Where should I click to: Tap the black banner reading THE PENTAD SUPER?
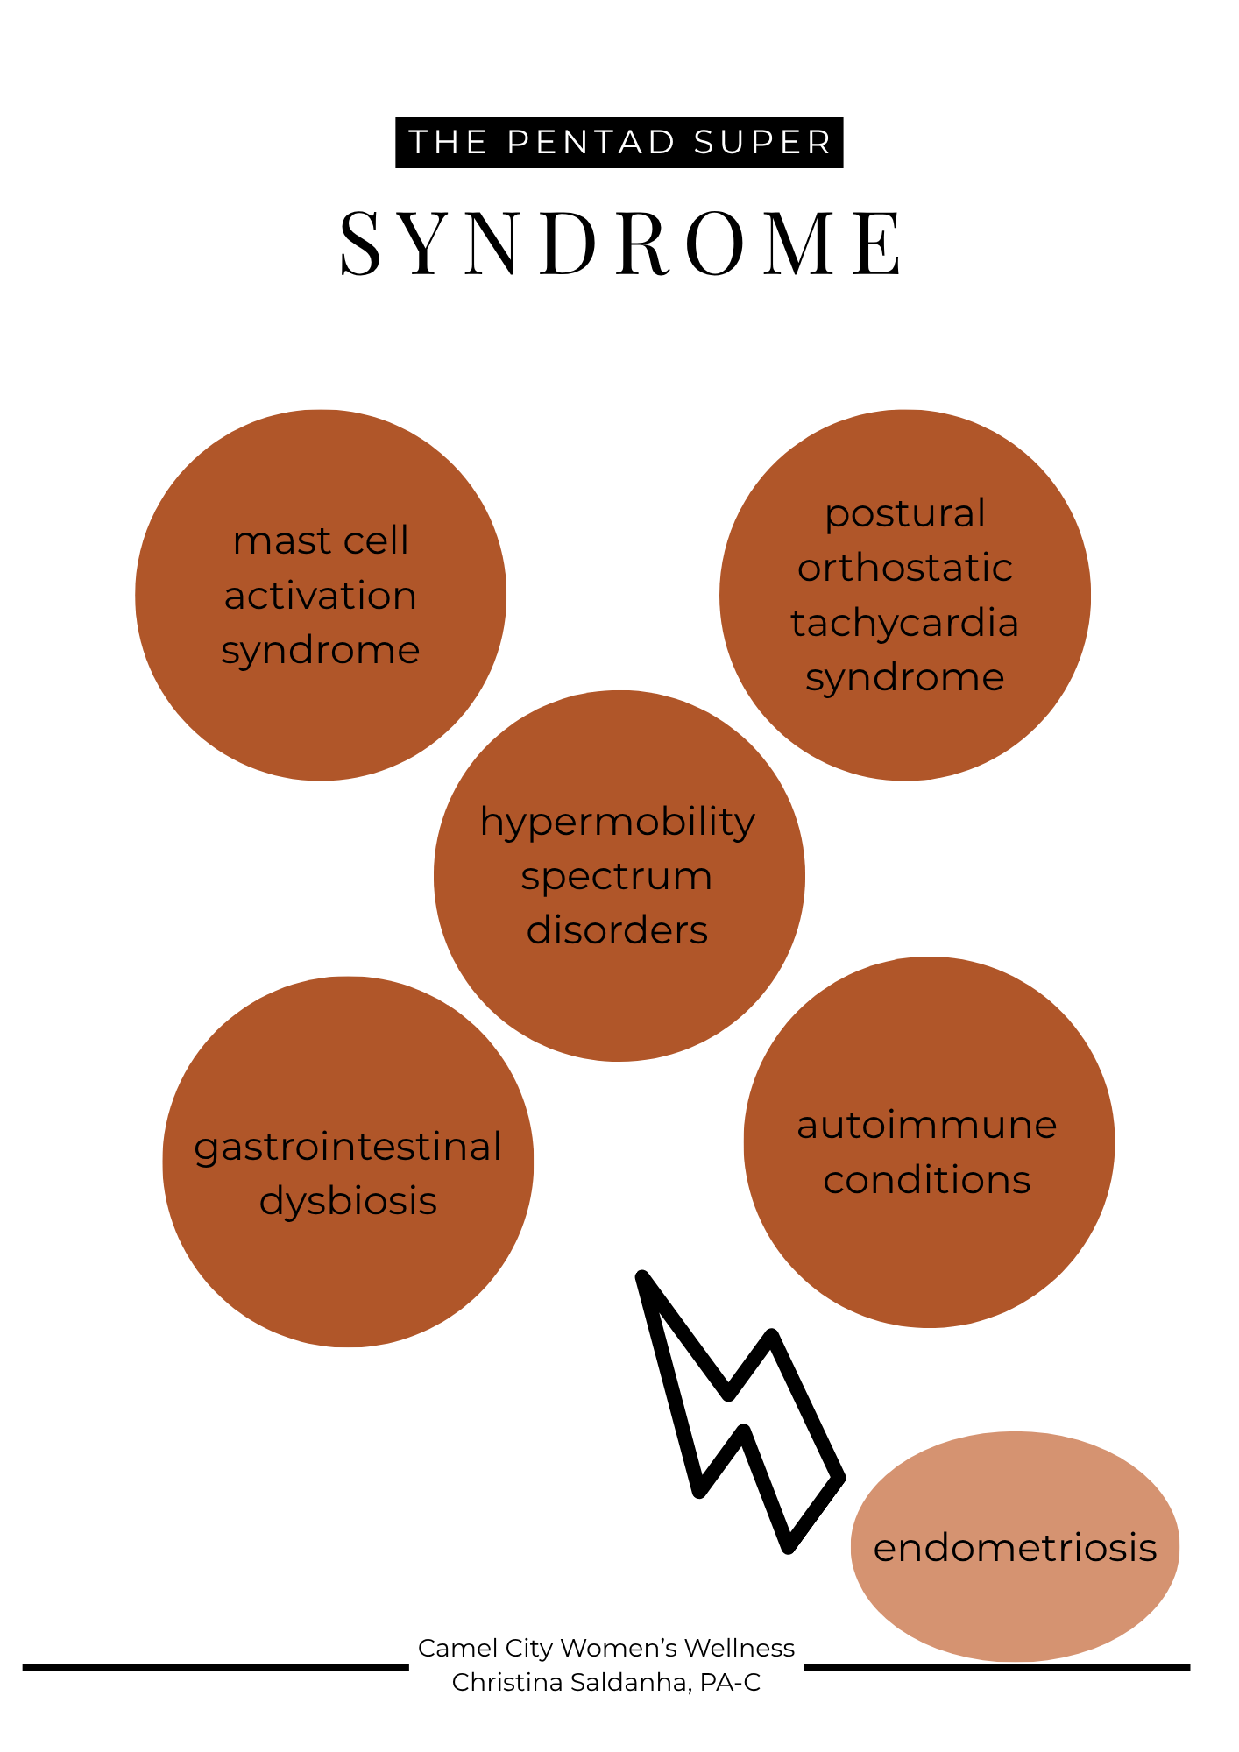pyautogui.click(x=619, y=142)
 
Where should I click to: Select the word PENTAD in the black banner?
pyautogui.click(x=591, y=142)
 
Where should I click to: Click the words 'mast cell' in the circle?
pyautogui.click(x=321, y=540)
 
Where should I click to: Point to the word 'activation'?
pyautogui.click(x=321, y=596)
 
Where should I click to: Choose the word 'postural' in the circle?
pyautogui.click(x=905, y=513)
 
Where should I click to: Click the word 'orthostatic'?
pyautogui.click(x=905, y=568)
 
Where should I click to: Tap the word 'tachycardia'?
pyautogui.click(x=905, y=623)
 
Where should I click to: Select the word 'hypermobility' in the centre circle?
pyautogui.click(x=618, y=822)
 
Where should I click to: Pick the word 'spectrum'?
pyautogui.click(x=617, y=876)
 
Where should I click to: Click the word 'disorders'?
pyautogui.click(x=617, y=930)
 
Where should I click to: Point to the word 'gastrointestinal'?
pyautogui.click(x=348, y=1147)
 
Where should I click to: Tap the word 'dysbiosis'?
pyautogui.click(x=348, y=1201)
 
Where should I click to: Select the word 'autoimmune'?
pyautogui.click(x=927, y=1125)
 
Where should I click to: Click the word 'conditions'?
pyautogui.click(x=927, y=1180)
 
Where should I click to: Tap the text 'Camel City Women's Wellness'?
pyautogui.click(x=606, y=1648)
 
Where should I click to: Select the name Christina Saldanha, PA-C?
pyautogui.click(x=606, y=1682)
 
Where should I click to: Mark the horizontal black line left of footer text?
pyautogui.click(x=216, y=1667)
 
